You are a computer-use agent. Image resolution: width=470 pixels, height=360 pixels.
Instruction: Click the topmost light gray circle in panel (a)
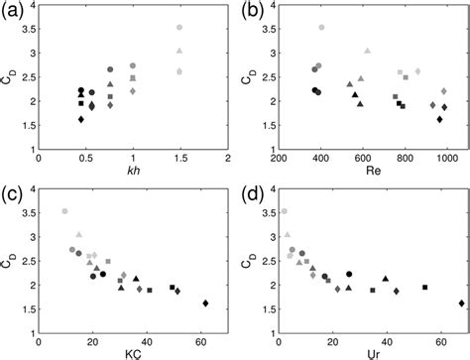(x=179, y=28)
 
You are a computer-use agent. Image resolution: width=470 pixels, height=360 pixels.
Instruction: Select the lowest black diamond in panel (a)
(x=81, y=119)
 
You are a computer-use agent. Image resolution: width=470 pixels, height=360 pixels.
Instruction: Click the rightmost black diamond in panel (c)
(x=205, y=303)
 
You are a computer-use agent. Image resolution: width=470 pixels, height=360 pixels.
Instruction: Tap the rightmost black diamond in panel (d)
(x=461, y=303)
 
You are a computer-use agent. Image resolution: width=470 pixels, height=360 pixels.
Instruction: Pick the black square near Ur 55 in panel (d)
(x=424, y=287)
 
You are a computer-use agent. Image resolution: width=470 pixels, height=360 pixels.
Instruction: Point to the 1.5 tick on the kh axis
(x=179, y=158)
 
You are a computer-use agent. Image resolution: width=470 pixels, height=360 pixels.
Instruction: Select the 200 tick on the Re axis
(x=278, y=158)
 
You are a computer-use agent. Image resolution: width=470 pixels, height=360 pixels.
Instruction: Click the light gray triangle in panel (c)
(x=78, y=234)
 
